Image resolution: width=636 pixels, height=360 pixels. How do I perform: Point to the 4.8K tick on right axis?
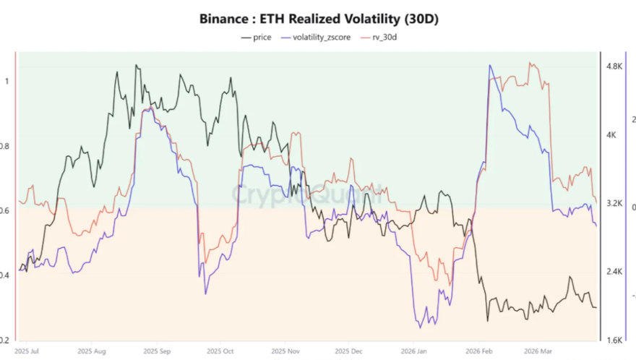[x=614, y=66]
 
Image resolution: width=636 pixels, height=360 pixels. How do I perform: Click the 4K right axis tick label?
[x=611, y=134]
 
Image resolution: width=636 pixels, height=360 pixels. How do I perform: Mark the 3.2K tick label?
[x=614, y=203]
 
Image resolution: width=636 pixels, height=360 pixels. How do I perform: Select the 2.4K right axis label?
[x=614, y=272]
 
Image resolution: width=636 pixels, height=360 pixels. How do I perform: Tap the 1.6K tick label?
[x=614, y=340]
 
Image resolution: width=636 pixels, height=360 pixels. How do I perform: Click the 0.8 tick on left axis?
[x=7, y=146]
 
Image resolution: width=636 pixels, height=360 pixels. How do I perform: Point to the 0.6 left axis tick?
[x=7, y=210]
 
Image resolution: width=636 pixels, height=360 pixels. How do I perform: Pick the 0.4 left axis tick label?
[x=7, y=275]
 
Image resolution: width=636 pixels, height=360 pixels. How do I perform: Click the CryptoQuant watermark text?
[x=309, y=194]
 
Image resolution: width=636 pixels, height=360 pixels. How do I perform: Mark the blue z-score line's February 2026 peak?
[x=491, y=66]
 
